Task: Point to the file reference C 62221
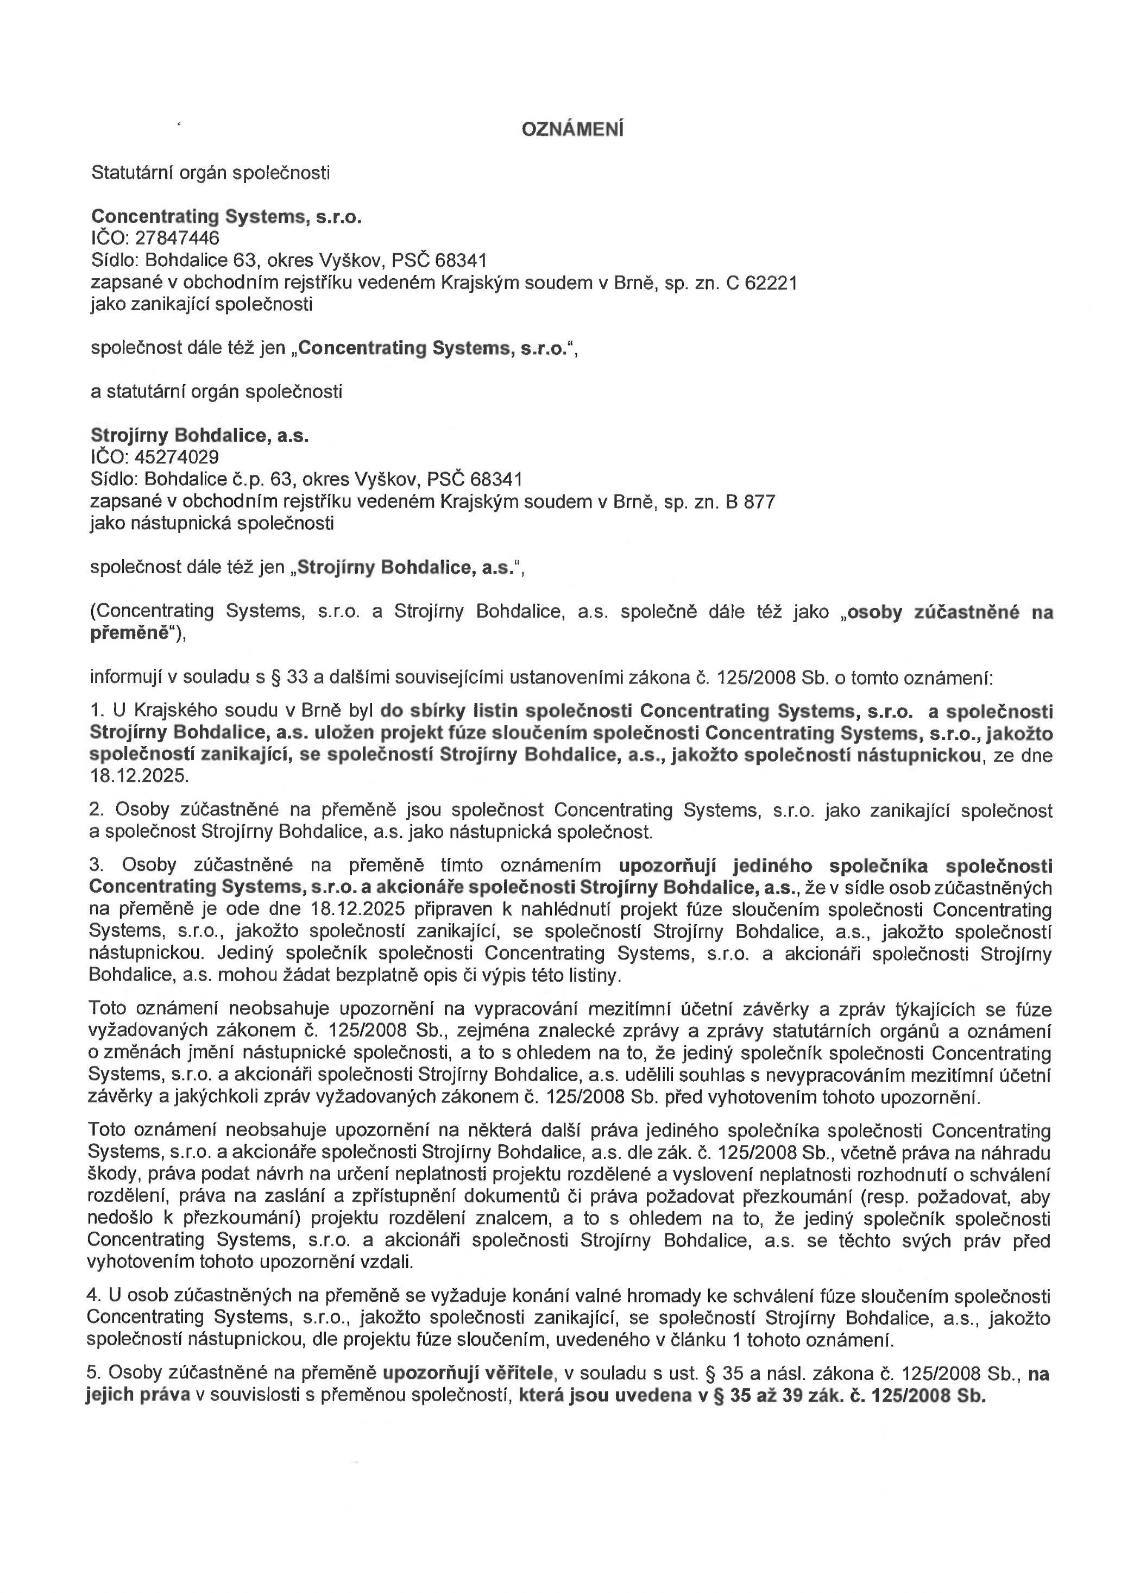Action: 761,283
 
